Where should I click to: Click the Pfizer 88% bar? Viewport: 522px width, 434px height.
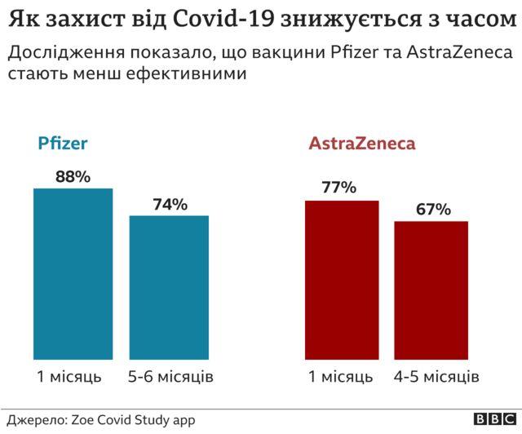coord(73,274)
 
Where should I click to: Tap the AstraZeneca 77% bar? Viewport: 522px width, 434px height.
coord(342,280)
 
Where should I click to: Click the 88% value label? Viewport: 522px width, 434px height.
coord(73,176)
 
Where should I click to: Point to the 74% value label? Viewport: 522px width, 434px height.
coord(170,204)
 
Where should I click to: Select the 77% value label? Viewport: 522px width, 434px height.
coord(339,188)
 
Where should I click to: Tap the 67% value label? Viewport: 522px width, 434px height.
coord(433,209)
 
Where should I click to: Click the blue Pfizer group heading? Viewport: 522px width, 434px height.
coord(63,144)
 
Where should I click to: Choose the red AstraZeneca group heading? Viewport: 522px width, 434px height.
coord(362,144)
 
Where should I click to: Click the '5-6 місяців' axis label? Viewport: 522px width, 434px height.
coord(170,377)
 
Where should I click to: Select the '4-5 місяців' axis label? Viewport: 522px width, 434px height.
coord(436,377)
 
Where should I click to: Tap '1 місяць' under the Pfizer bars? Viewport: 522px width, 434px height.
coord(69,377)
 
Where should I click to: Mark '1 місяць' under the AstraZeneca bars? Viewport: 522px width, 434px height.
coord(340,377)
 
